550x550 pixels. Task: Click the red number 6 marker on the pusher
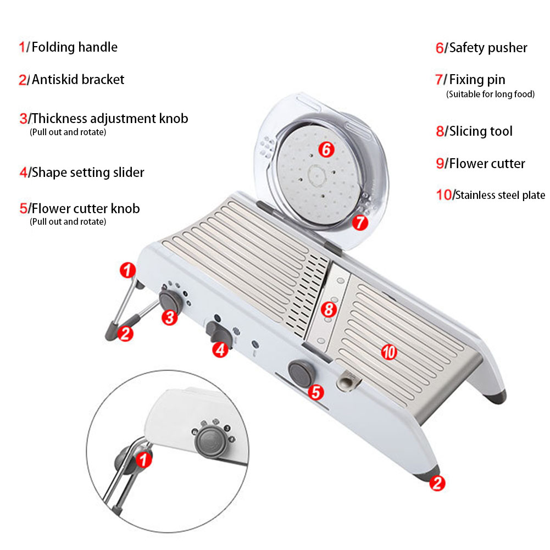click(x=326, y=149)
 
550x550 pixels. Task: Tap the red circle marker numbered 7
click(x=360, y=223)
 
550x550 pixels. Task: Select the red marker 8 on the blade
click(x=329, y=309)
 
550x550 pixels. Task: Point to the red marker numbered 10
click(x=389, y=352)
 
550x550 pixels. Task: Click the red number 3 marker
click(x=170, y=317)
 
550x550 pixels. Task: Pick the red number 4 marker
click(x=220, y=349)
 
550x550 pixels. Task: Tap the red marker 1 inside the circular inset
click(x=143, y=459)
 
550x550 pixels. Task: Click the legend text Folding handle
click(x=74, y=47)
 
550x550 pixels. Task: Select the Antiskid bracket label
click(x=78, y=80)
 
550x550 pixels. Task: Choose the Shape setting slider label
click(x=88, y=172)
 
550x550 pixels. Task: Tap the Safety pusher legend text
click(x=488, y=48)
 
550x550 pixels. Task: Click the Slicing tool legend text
click(x=481, y=131)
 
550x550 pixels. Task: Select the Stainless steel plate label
click(x=500, y=195)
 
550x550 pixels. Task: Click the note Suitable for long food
click(x=490, y=94)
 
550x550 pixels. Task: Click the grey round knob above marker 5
click(x=301, y=373)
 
